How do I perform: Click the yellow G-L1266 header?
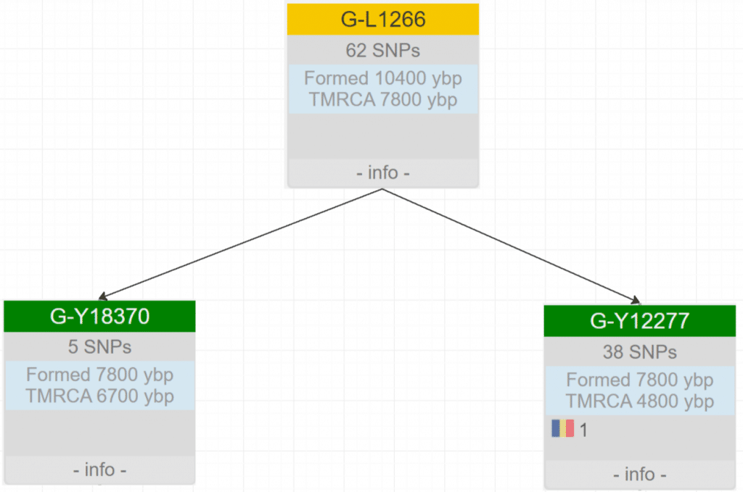coord(383,19)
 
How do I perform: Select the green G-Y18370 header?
coord(99,316)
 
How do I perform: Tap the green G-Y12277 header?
coord(639,320)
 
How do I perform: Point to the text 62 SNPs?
coord(383,51)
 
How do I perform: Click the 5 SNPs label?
coord(99,347)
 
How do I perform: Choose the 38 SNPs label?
coord(639,352)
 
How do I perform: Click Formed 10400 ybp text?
coord(383,78)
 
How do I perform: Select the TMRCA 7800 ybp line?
coord(383,99)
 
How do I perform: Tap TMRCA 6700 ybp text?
coord(99,396)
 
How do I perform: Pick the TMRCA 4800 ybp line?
coord(639,401)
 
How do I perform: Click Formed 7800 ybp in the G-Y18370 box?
coord(99,375)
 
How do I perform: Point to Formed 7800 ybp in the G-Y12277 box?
coord(639,380)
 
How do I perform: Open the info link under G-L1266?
coord(383,174)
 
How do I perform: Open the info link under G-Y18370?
coord(99,470)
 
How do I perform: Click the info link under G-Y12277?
coord(639,475)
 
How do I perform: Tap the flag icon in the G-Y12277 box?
coord(562,429)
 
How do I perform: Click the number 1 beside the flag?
coord(584,430)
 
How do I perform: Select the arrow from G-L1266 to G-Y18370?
coord(239,244)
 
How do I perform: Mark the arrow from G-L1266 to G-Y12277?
coord(512,245)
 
